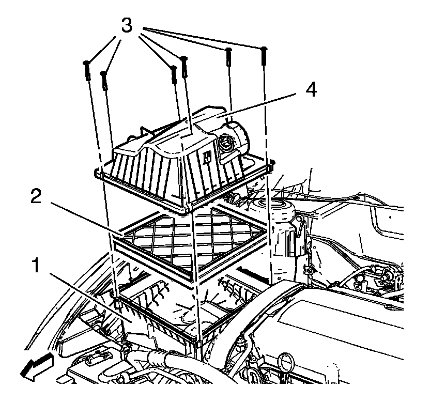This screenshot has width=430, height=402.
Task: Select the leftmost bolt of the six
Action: pos(87,70)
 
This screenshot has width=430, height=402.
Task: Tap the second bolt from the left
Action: pos(104,80)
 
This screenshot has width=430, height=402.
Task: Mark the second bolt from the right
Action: pos(228,57)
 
